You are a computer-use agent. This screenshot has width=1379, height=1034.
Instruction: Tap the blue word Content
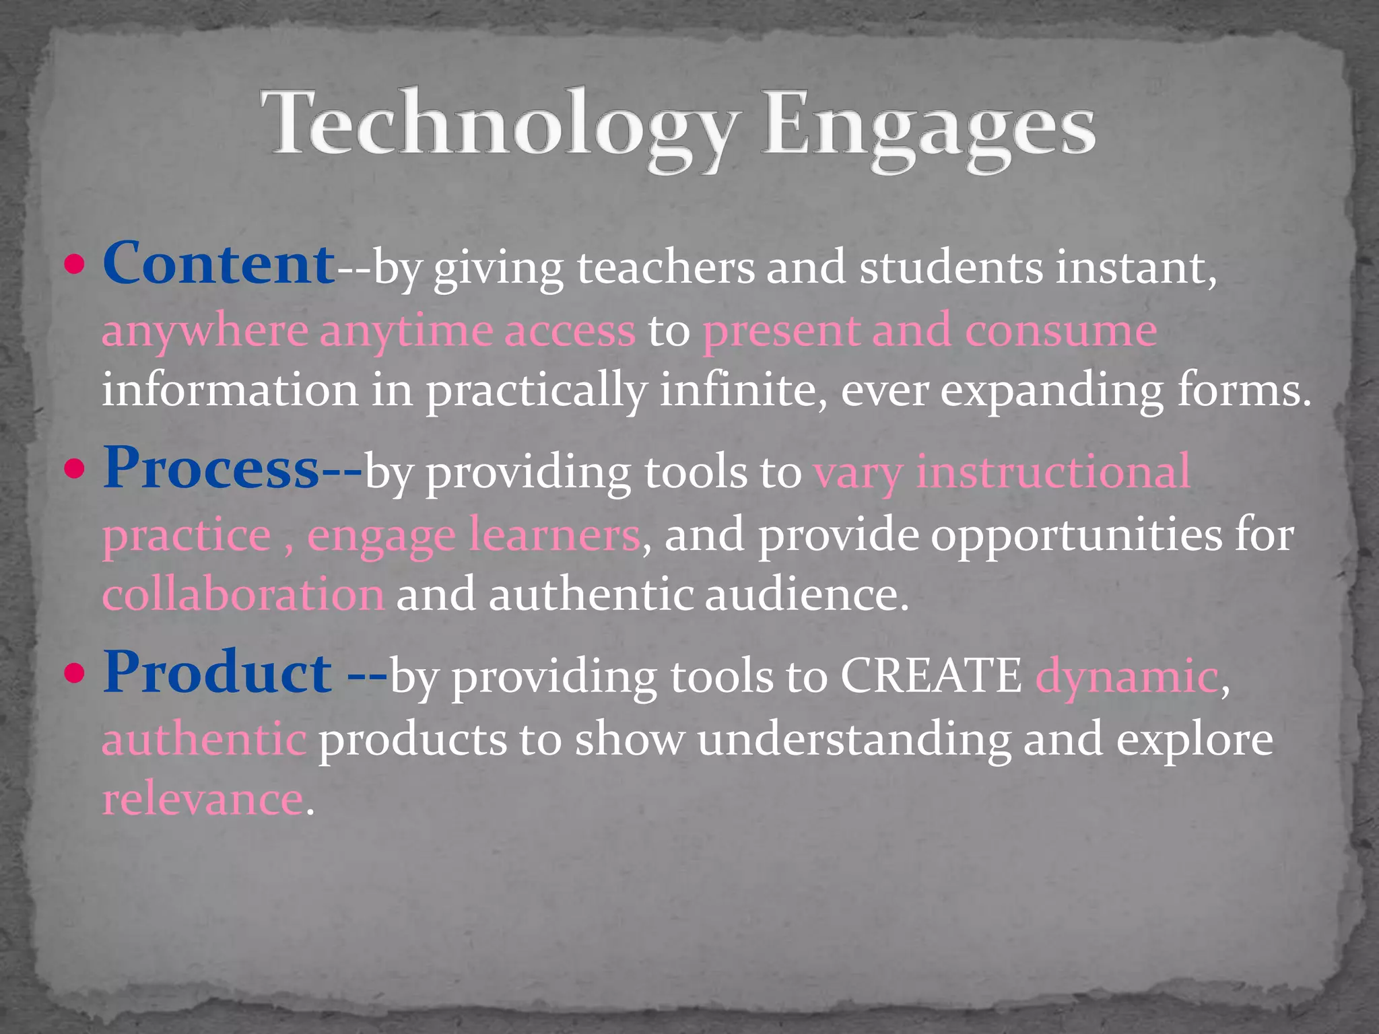click(218, 264)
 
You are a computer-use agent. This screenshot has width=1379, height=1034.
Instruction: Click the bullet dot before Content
click(75, 265)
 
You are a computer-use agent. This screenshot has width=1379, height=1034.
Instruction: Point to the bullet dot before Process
click(75, 469)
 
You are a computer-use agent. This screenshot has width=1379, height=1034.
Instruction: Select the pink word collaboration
click(243, 595)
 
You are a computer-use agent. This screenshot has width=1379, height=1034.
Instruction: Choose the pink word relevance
click(203, 799)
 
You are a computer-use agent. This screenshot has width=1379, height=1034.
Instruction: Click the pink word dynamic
click(1126, 677)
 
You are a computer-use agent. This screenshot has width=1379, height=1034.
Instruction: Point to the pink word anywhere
click(205, 331)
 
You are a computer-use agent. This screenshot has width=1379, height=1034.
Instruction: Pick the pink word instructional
click(1053, 471)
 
